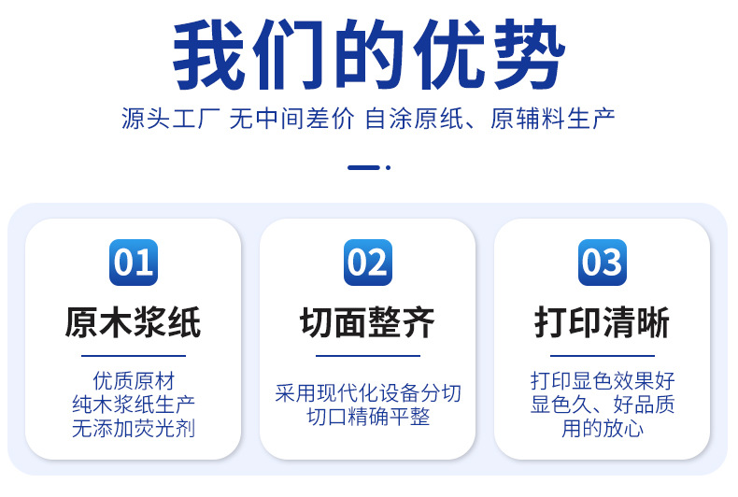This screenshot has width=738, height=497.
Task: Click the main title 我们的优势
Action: pyautogui.click(x=369, y=54)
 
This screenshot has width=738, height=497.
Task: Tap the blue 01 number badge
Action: pyautogui.click(x=134, y=263)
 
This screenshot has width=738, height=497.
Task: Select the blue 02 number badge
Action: pyautogui.click(x=368, y=263)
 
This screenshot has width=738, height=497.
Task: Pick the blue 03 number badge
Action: pyautogui.click(x=603, y=263)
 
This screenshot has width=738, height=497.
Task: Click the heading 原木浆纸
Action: pyautogui.click(x=134, y=322)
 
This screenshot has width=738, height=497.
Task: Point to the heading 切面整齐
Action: pyautogui.click(x=368, y=322)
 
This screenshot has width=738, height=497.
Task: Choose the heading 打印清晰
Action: pyautogui.click(x=603, y=322)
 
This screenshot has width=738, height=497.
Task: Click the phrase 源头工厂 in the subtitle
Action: pyautogui.click(x=170, y=118)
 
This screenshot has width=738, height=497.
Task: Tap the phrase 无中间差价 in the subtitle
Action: pyautogui.click(x=291, y=118)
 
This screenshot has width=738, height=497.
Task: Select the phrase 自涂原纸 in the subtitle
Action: pyautogui.click(x=414, y=118)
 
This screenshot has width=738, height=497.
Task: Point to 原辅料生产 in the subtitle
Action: pyautogui.click(x=552, y=118)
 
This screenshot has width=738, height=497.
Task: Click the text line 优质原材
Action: pyautogui.click(x=134, y=381)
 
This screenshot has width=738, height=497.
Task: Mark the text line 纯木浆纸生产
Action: pyautogui.click(x=134, y=405)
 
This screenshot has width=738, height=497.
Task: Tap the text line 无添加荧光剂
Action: pyautogui.click(x=134, y=428)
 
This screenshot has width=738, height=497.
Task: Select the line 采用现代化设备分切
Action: pyautogui.click(x=368, y=393)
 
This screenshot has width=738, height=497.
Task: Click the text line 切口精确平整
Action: pyautogui.click(x=368, y=417)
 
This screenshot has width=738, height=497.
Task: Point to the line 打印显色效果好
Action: pyautogui.click(x=603, y=381)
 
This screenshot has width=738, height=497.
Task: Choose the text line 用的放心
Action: pyautogui.click(x=603, y=428)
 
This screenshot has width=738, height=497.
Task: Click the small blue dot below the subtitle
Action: pyautogui.click(x=389, y=167)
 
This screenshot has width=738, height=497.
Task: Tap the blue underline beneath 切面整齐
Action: pyautogui.click(x=368, y=356)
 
